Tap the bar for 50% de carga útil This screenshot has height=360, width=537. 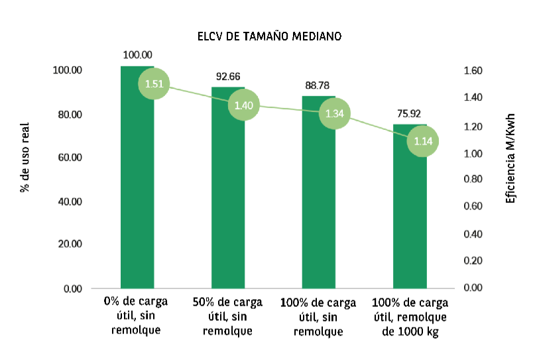tap(227, 199)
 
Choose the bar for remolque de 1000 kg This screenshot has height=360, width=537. tap(410, 212)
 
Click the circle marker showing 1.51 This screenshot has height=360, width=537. tap(154, 84)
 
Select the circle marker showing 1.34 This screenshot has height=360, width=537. tap(335, 113)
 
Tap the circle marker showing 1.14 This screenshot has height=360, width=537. tap(423, 141)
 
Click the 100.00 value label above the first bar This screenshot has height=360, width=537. tap(138, 55)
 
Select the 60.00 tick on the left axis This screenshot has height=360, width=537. tap(68, 158)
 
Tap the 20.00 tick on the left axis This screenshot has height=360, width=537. tap(68, 244)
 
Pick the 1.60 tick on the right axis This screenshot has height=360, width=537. tap(471, 71)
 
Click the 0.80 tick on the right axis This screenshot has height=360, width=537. tap(471, 179)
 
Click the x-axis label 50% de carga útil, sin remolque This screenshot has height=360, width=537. tap(227, 316)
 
